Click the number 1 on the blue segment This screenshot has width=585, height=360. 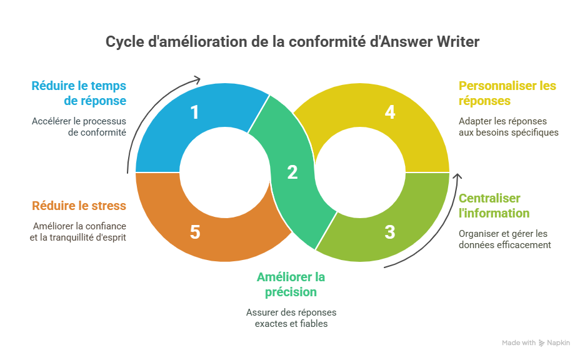point(194,112)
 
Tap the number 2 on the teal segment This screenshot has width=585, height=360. point(292,172)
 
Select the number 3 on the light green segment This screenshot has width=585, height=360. point(390,232)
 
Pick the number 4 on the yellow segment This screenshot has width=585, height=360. point(390,112)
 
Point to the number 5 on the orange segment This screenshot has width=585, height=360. point(195,232)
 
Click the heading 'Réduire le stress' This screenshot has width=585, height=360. point(79,206)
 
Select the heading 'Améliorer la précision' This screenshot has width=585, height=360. point(291,284)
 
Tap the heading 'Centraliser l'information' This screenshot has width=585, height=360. point(494,206)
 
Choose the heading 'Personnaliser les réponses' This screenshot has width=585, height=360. point(507,93)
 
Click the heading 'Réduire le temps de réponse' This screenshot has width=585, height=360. point(79,93)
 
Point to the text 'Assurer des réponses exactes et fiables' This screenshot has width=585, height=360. point(291,318)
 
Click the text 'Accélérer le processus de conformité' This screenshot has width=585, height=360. point(79,127)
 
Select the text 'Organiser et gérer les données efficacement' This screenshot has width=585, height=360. point(505,239)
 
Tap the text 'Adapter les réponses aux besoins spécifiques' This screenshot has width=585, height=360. point(509,127)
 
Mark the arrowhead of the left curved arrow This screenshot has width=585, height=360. point(197,79)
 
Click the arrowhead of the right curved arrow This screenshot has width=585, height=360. point(457,176)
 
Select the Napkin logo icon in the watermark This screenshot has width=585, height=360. point(541,343)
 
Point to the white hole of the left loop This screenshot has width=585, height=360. point(225,172)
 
